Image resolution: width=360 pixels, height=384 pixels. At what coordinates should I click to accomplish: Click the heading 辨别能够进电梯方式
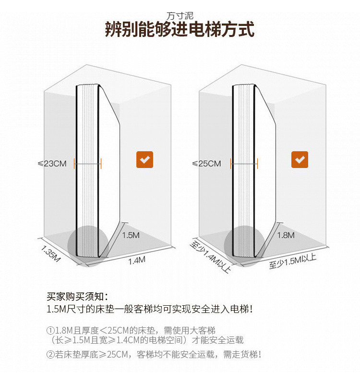pos(180,30)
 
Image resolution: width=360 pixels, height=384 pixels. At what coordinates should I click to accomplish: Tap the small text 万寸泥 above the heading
pos(180,16)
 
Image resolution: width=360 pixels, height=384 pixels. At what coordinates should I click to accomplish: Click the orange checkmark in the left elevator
pos(144,159)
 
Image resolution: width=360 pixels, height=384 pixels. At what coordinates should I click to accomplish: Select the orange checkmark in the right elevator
pos(300,159)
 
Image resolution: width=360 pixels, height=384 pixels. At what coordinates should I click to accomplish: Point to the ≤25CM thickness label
pos(207,164)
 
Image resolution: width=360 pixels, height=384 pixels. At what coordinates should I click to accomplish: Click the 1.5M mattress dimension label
pos(131,235)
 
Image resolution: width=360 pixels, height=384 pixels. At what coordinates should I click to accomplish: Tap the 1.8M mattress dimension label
pos(286,235)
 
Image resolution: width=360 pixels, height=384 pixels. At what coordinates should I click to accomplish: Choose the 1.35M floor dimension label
pos(50,253)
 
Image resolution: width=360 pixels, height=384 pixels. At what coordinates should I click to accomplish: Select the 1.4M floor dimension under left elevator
pos(136,260)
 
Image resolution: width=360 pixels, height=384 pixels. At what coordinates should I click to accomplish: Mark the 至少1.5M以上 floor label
pos(292,261)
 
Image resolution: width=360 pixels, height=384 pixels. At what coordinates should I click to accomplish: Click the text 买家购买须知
pos(77,296)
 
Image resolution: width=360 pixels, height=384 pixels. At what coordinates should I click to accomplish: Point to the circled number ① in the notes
pos(50,331)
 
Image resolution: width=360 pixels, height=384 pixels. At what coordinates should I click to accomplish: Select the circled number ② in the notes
pos(50,355)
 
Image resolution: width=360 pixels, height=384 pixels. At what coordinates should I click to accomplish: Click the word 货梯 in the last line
pos(249,355)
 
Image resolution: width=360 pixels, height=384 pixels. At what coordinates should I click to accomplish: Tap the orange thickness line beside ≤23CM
pos(88,164)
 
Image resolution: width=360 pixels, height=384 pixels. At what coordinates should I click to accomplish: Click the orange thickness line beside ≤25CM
pos(244,164)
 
